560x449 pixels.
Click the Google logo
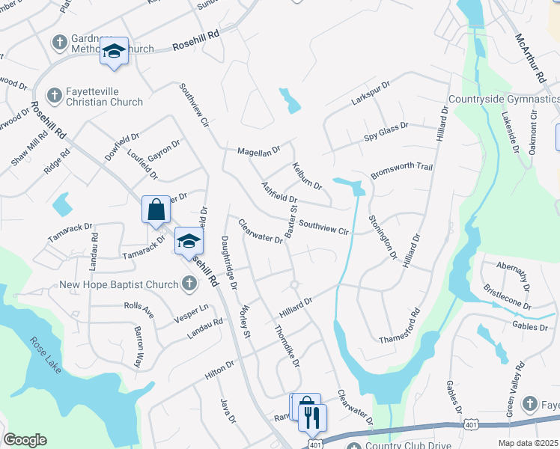pos(25,440)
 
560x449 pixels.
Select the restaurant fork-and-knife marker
pos(313,416)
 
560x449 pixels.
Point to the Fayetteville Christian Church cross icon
pos(54,96)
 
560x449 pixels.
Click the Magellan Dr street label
pos(258,150)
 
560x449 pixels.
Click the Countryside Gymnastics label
pos(504,99)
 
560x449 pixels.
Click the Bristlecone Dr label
pos(507,296)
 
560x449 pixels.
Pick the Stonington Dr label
pos(383,237)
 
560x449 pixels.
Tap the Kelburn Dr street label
pos(307,175)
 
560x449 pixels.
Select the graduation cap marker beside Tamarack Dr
pos(189,241)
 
